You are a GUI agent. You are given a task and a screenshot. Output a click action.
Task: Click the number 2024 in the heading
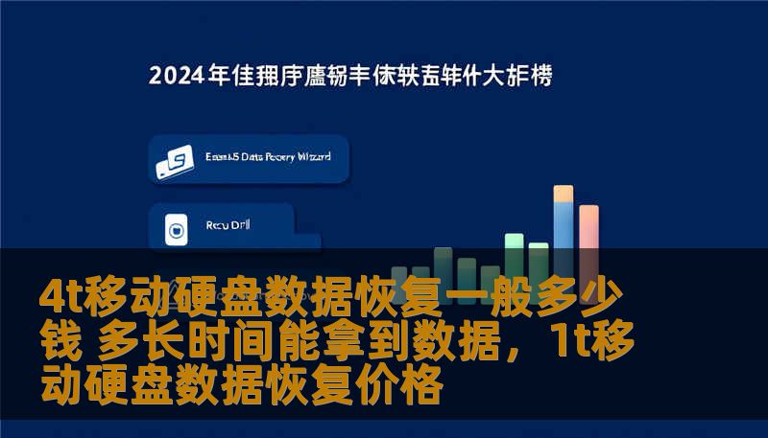[177, 77]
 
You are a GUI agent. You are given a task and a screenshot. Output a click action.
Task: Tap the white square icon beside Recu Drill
[176, 229]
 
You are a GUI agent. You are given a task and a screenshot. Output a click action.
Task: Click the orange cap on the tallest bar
[564, 194]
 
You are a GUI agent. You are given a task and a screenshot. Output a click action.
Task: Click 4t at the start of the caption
[60, 297]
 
